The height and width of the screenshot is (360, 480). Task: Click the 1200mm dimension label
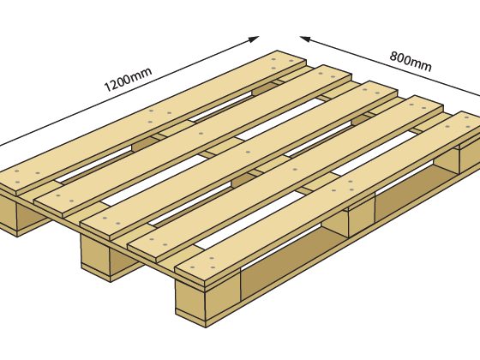128,80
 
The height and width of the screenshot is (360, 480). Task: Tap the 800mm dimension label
411,61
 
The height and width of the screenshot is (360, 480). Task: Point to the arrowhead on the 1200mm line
254,39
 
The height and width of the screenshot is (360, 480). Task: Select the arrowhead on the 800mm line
306,39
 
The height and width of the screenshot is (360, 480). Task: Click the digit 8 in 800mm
393,56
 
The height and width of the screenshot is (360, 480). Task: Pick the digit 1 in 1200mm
107,87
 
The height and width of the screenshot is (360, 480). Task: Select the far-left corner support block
18,214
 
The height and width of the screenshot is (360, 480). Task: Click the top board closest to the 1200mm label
153,123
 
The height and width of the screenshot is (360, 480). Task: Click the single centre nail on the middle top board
248,152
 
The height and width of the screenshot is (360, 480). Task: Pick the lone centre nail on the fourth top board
295,170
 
